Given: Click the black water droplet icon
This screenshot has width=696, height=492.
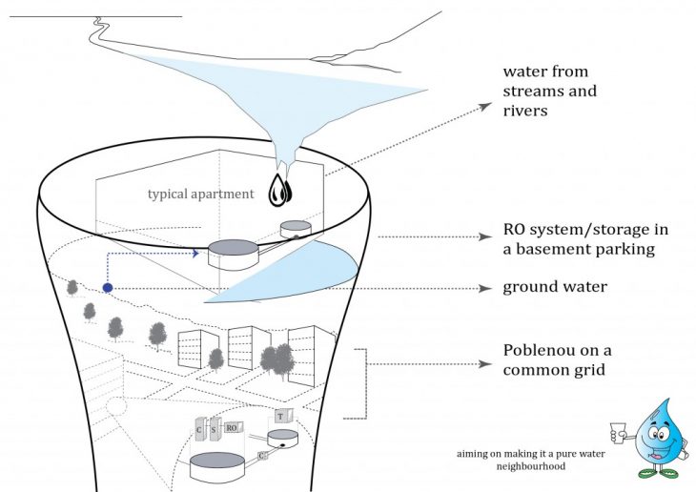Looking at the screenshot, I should (x=280, y=190).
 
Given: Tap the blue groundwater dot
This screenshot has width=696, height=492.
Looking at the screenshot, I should (x=108, y=287).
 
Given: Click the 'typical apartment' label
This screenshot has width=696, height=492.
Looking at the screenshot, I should (x=200, y=195).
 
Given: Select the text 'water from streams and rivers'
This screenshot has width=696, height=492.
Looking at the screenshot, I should (x=550, y=92).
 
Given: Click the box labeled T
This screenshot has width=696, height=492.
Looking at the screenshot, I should (x=281, y=415).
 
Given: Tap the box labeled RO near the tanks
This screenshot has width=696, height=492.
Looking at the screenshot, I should (x=233, y=428).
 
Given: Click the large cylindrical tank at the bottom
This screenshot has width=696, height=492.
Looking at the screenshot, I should (x=218, y=466).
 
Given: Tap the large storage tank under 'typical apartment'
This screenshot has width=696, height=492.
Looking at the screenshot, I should (x=234, y=253).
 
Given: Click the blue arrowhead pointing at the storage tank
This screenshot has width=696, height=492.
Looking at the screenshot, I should (x=195, y=254).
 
